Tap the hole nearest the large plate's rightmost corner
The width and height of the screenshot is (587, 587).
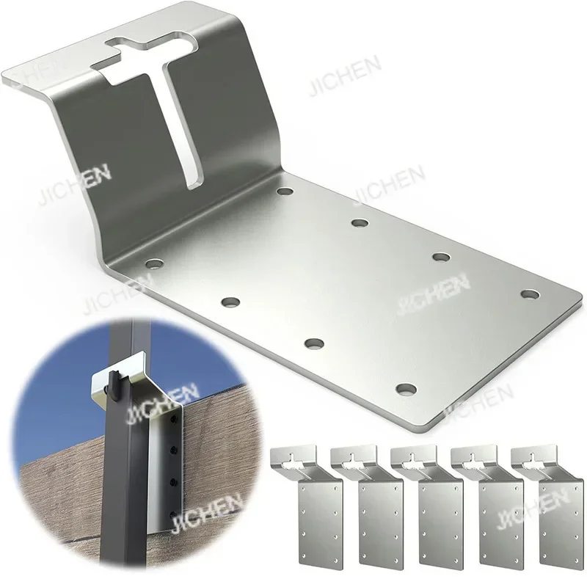(530, 293)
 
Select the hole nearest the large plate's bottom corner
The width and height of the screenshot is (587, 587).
(406, 388)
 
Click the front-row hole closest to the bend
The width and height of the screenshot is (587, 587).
(153, 262)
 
